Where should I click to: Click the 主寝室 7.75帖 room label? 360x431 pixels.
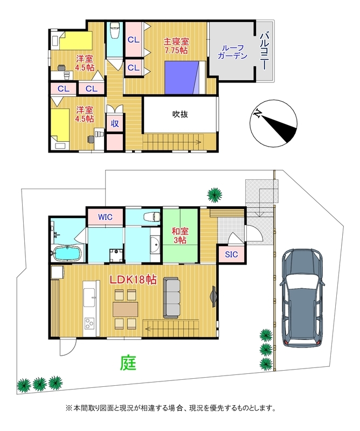point(176,45)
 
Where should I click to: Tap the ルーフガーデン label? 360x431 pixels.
point(232,51)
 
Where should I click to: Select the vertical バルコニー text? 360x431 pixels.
point(264,51)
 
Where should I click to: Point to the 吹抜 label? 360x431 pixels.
point(179,114)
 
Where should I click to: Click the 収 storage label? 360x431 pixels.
point(114,123)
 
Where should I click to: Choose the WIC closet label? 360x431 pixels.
point(105,217)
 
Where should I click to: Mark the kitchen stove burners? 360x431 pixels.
point(88,324)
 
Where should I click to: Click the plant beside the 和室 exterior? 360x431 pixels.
point(214,193)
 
